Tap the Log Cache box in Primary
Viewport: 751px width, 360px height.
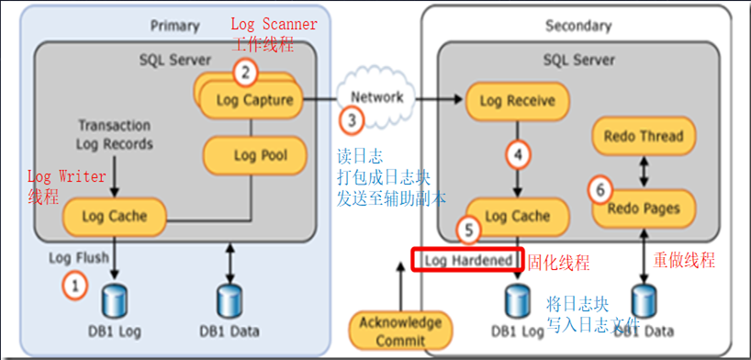tap(116, 217)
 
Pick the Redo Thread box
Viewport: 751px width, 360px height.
tap(643, 136)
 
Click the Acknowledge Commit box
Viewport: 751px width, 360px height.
tap(400, 331)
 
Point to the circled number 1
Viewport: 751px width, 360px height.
tap(75, 285)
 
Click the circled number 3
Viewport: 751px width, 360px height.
tap(352, 119)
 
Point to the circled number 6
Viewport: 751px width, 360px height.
tap(600, 190)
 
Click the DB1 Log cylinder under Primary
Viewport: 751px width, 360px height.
tap(115, 301)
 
